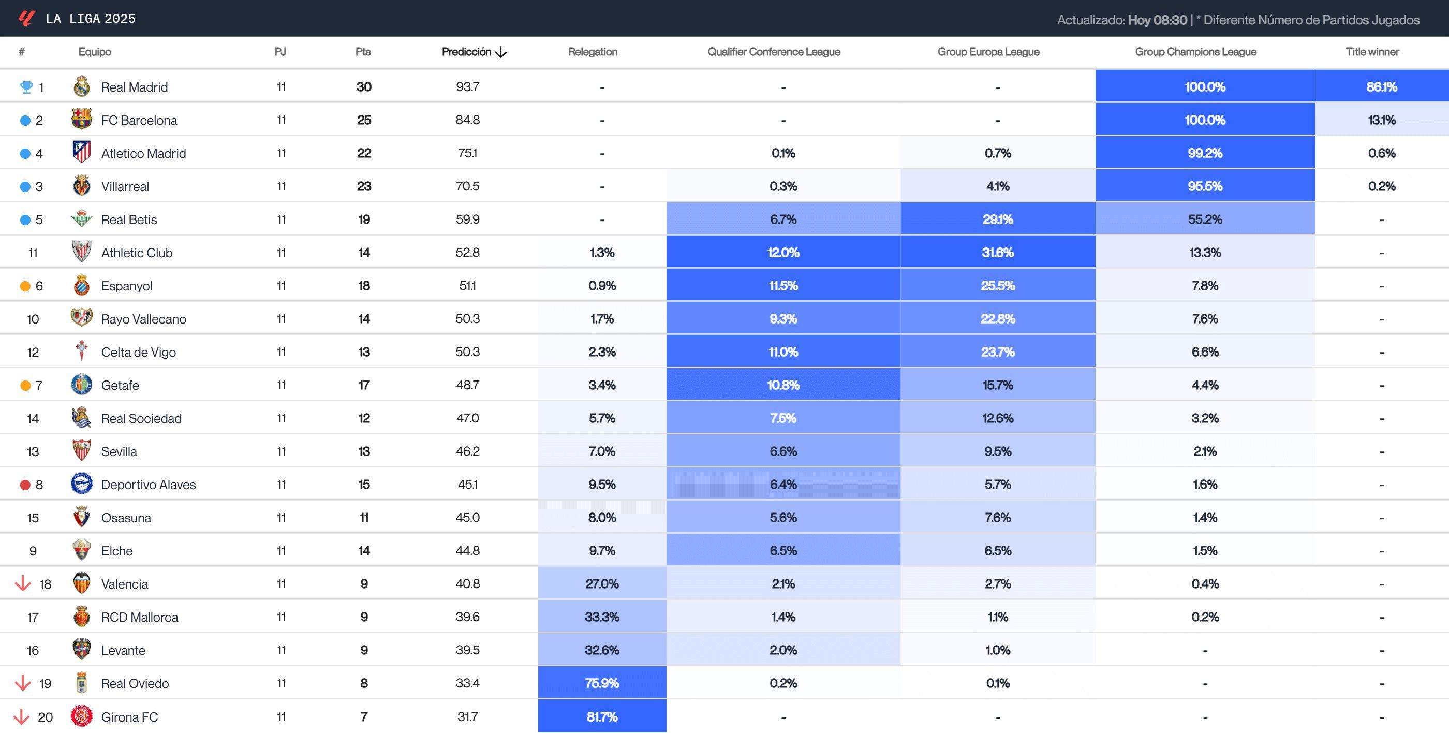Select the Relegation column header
click(x=593, y=52)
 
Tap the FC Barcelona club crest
click(x=82, y=119)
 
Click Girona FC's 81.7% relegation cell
click(x=601, y=716)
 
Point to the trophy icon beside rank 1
click(x=26, y=87)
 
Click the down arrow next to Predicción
click(x=500, y=52)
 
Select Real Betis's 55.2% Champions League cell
click(x=1204, y=219)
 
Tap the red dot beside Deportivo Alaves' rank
click(x=25, y=485)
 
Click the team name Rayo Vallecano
click(x=143, y=319)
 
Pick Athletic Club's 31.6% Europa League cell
click(x=997, y=253)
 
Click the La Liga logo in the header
click(x=26, y=19)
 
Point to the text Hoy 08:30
click(x=1157, y=20)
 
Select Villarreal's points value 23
click(x=364, y=186)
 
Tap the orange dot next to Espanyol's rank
click(x=25, y=286)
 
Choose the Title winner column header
click(x=1371, y=52)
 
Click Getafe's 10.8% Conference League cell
click(x=782, y=385)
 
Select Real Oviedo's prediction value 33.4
click(x=467, y=683)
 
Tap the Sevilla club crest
click(x=82, y=450)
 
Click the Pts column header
click(x=363, y=52)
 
